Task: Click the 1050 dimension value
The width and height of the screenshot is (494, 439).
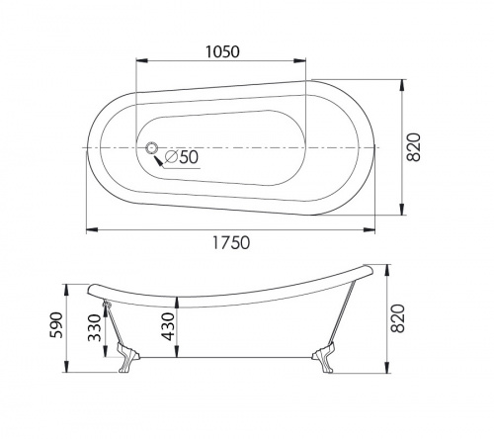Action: pyautogui.click(x=223, y=53)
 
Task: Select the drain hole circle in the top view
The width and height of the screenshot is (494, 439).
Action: pyautogui.click(x=152, y=148)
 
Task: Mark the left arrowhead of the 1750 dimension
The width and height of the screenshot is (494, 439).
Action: pyautogui.click(x=88, y=229)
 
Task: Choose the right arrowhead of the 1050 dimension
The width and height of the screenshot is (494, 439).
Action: pyautogui.click(x=309, y=65)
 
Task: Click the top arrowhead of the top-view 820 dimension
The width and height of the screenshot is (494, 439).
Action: pyautogui.click(x=403, y=82)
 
